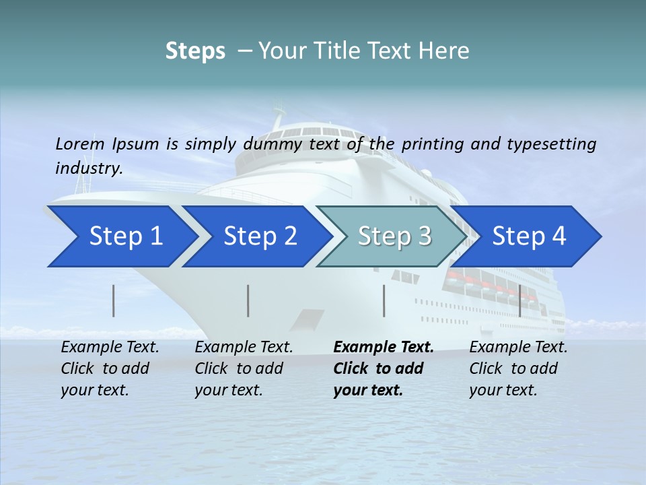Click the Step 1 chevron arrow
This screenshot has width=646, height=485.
[x=125, y=236]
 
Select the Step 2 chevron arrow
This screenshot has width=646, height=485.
[x=260, y=236]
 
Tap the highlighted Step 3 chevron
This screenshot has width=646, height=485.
[x=394, y=236]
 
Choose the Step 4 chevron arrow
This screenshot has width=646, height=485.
[x=529, y=236]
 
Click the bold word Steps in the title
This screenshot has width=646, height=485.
[x=195, y=51]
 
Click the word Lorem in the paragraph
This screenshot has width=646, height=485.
[x=80, y=143]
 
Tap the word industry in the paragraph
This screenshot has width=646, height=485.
[x=88, y=168]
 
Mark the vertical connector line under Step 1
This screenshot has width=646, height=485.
[x=114, y=300]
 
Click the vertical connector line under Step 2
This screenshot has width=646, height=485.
[x=248, y=300]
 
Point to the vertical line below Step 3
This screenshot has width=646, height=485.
[x=384, y=300]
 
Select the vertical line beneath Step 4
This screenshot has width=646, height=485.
[x=519, y=300]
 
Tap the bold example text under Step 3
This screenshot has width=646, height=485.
[x=383, y=368]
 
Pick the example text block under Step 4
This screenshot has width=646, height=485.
[x=518, y=368]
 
